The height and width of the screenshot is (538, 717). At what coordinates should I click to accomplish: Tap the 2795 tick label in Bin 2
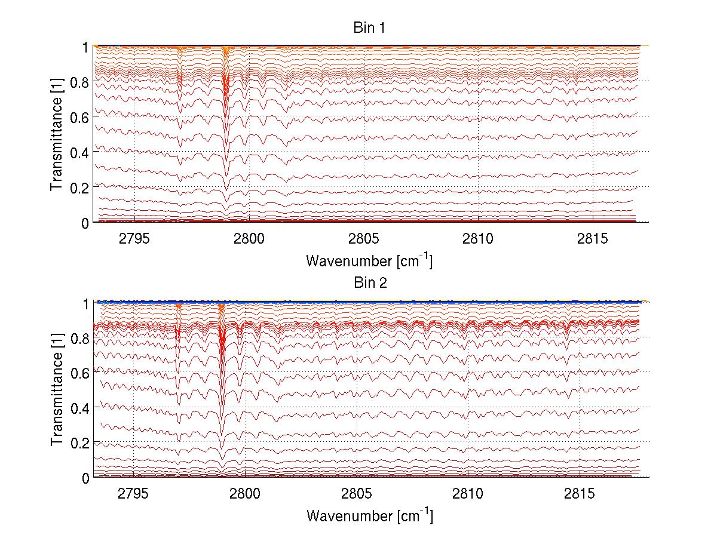click(x=133, y=494)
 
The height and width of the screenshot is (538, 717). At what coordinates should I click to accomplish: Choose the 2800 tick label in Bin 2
click(x=245, y=494)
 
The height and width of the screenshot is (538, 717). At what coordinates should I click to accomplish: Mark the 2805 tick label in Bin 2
click(x=357, y=494)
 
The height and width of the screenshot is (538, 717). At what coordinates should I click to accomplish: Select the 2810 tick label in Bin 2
click(x=468, y=494)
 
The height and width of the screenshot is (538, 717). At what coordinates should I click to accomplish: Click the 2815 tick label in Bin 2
click(x=580, y=494)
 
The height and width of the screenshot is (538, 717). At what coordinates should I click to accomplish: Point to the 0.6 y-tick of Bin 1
click(x=81, y=117)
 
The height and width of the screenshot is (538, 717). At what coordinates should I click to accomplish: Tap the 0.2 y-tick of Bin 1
click(x=81, y=187)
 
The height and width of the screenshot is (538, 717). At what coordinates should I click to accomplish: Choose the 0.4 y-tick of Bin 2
click(x=81, y=408)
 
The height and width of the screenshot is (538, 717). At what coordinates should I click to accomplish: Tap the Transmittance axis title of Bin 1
click(x=57, y=134)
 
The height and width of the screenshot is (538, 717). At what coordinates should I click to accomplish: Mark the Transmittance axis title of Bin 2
click(x=57, y=390)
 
